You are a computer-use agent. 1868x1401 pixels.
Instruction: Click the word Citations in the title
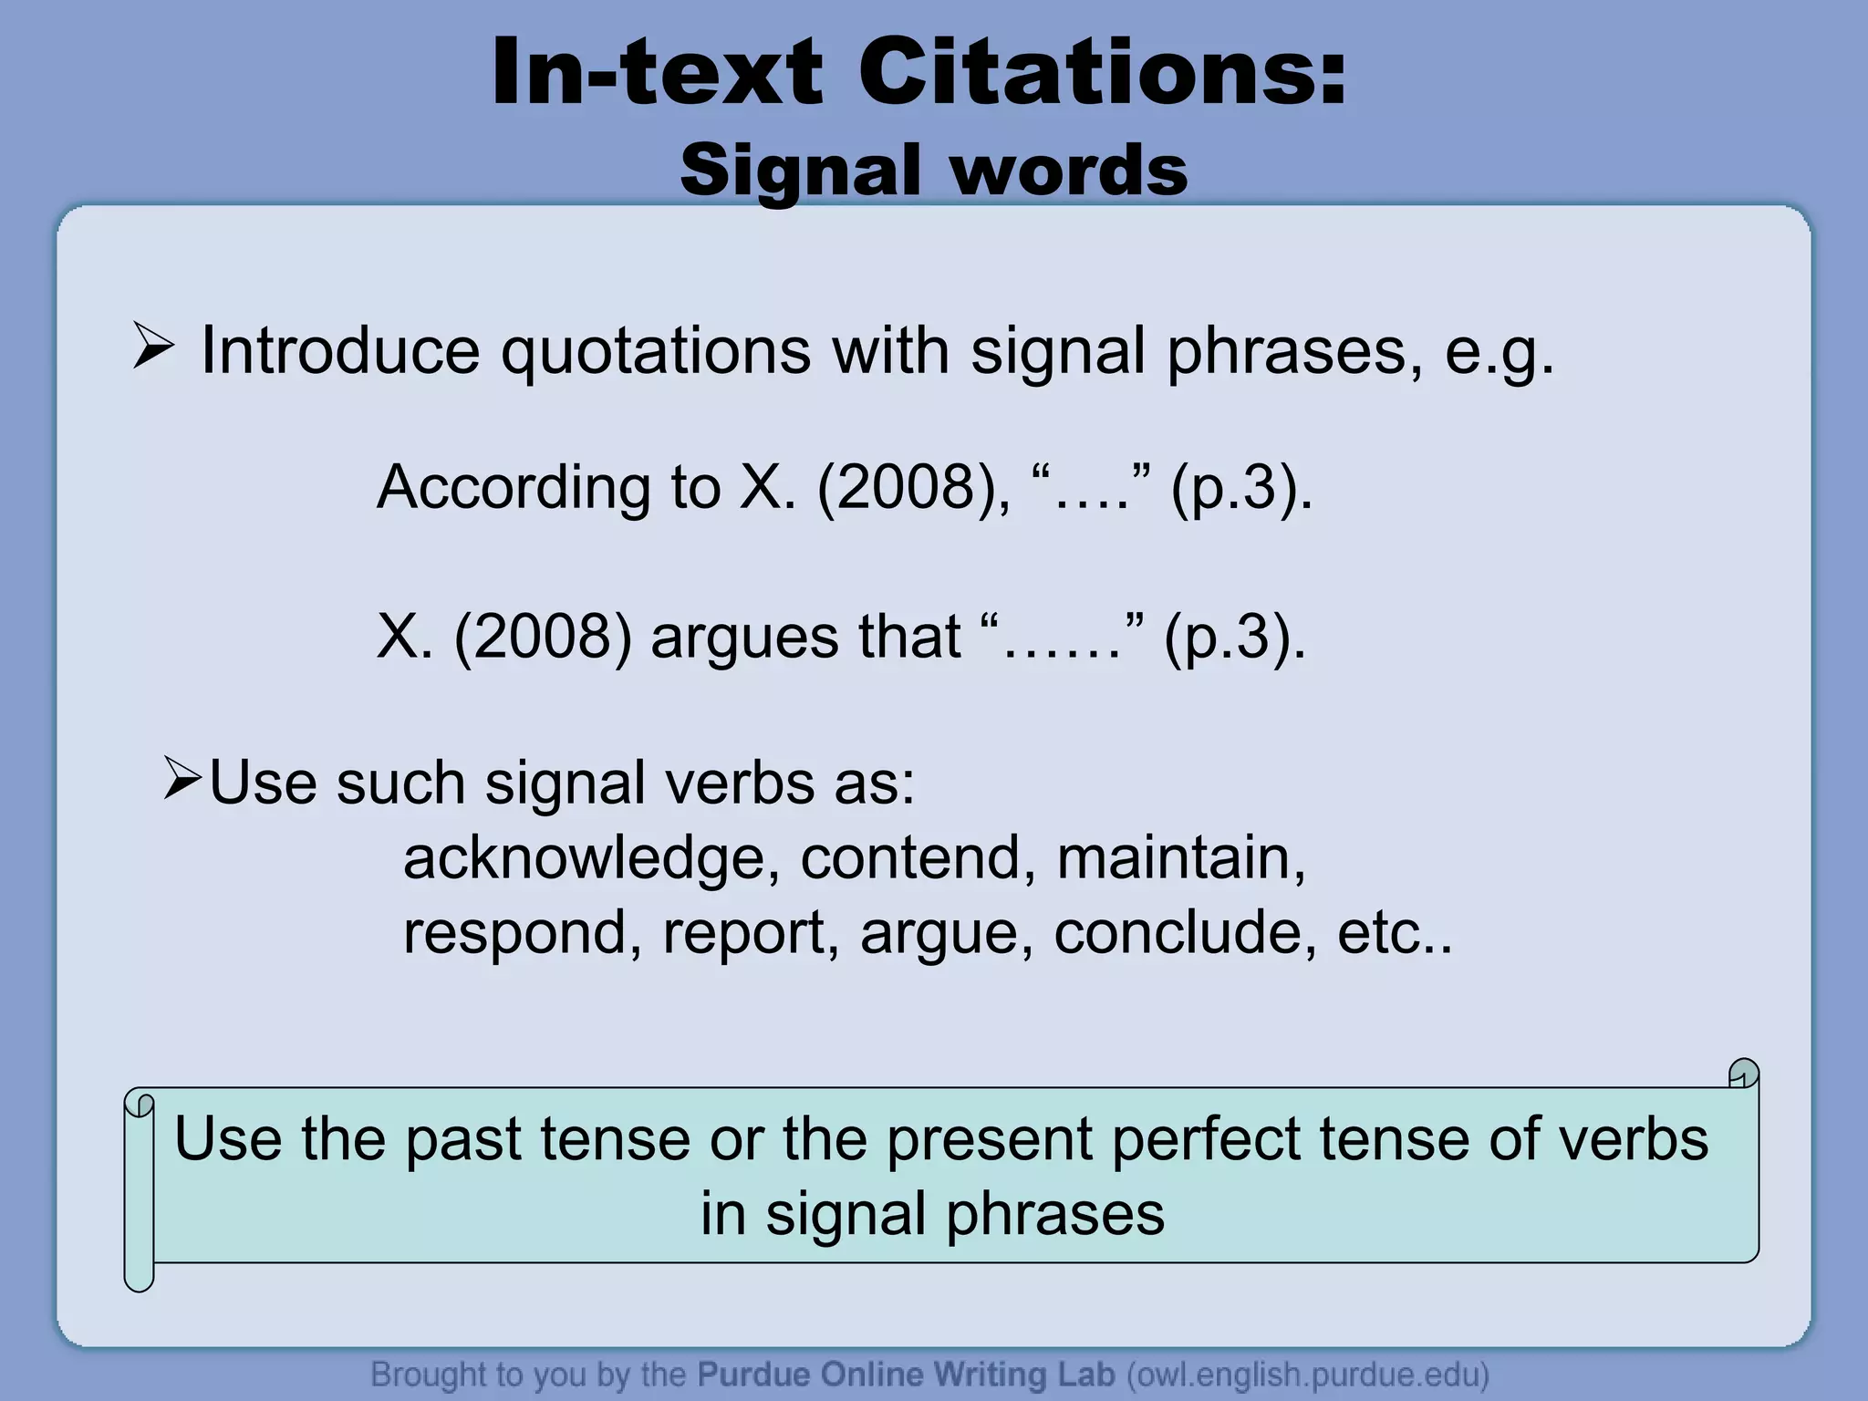tap(1102, 73)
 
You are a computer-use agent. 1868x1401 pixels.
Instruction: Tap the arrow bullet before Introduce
tap(152, 347)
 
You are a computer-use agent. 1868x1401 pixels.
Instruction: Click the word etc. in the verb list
tap(1393, 933)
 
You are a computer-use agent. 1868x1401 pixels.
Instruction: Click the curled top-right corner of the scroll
tap(1743, 1074)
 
